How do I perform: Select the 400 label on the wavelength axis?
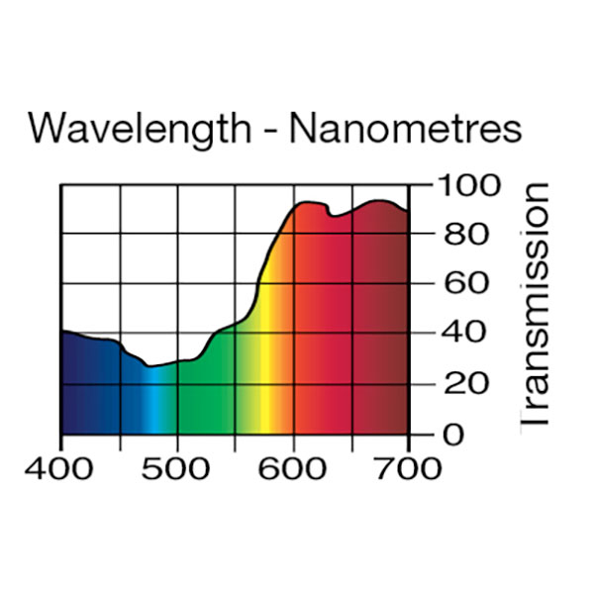tap(61, 467)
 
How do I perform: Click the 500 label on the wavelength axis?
tap(177, 467)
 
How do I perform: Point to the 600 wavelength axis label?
tap(293, 467)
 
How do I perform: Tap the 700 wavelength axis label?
tap(408, 467)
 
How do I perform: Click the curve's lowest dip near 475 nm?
tap(149, 366)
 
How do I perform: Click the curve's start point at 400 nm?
tap(62, 332)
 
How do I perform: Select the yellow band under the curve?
tap(266, 386)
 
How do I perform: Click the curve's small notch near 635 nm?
tap(333, 215)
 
